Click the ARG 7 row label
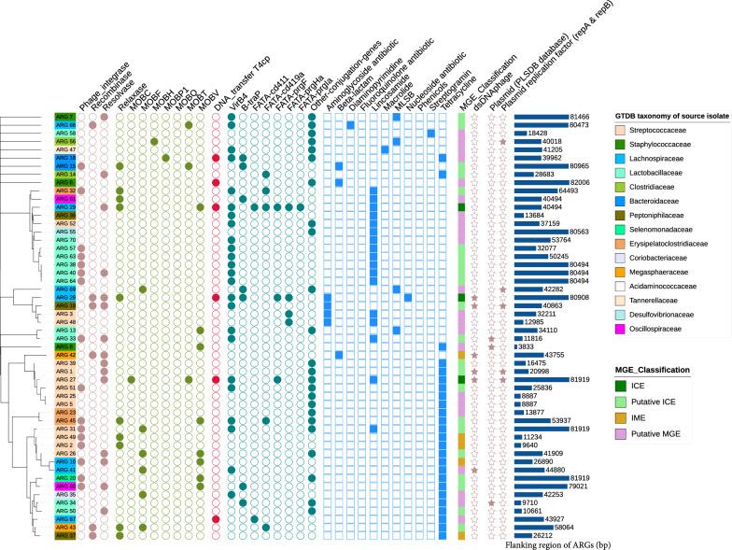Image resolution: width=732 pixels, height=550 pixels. [64, 116]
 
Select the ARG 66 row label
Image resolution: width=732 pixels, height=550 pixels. [64, 125]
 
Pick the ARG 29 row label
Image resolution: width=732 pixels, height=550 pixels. [64, 207]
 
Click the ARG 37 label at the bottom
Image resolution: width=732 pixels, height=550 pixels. [64, 535]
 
